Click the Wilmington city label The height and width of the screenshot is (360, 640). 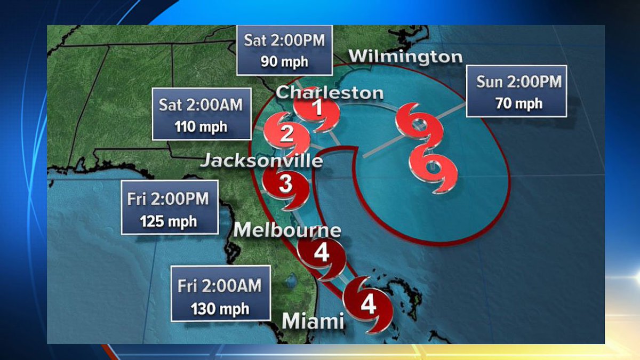coord(405,57)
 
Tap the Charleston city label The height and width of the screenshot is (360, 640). coord(330,92)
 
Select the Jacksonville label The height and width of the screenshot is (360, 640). coord(261,161)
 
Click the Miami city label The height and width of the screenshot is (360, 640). coord(313,321)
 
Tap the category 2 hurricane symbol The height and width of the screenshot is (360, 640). coord(287,134)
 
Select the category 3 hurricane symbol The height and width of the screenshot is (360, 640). coord(286,185)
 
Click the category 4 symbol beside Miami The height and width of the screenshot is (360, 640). coord(368,305)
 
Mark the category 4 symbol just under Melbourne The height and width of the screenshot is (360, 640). coord(321,254)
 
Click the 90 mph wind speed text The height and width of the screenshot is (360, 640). coord(284,61)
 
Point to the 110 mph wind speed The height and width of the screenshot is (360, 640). coord(201,127)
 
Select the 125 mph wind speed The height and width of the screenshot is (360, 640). coord(169,221)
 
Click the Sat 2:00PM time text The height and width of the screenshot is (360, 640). coord(284,41)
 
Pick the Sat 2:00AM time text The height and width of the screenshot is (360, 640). coord(201,105)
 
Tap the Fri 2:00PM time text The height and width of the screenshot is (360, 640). coord(169,199)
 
